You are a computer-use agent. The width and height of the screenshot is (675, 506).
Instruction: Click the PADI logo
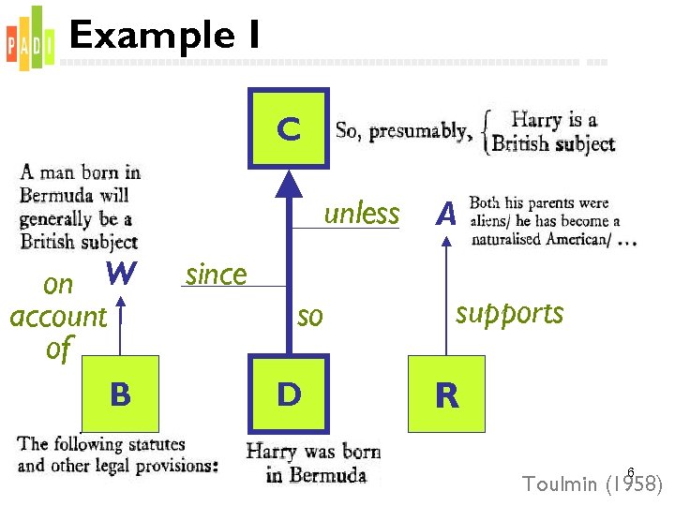(25, 38)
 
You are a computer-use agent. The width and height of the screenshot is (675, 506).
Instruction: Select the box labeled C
(289, 128)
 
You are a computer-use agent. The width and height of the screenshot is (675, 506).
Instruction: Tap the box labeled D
(289, 394)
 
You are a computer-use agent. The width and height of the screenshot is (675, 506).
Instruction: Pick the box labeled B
(120, 394)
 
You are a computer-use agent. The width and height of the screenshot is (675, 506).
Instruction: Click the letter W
(122, 274)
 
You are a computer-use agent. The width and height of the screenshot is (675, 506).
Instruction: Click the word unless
(361, 214)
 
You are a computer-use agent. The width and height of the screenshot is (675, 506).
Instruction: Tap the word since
(216, 275)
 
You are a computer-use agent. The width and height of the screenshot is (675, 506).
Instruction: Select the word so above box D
(309, 317)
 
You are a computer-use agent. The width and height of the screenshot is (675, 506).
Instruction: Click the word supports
(509, 312)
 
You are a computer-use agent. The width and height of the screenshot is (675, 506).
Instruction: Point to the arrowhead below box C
(290, 184)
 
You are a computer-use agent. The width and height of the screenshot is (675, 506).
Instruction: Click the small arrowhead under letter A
(446, 239)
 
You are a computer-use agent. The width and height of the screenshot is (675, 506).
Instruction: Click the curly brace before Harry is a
(484, 133)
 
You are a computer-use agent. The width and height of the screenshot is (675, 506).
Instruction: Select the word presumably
(420, 132)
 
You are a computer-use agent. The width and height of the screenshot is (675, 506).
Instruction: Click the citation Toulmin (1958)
(592, 484)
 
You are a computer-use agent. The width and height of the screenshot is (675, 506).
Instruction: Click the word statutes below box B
(150, 444)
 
